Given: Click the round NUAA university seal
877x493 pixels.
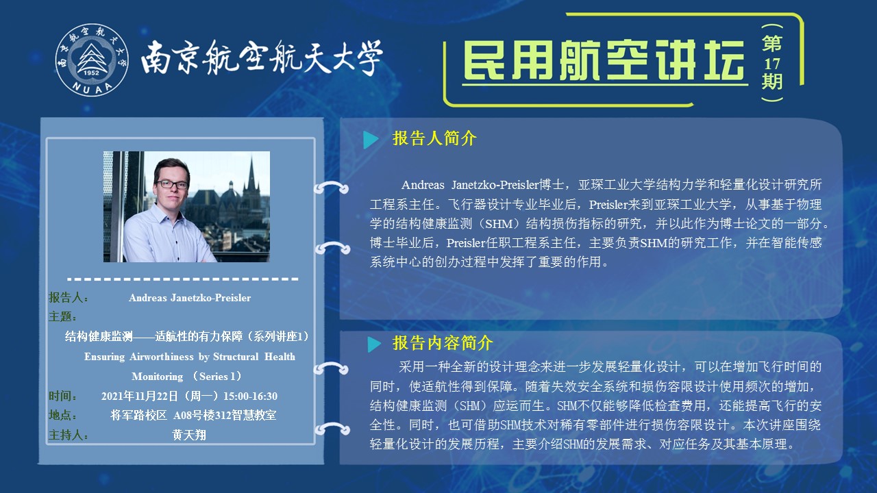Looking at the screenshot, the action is [92, 60].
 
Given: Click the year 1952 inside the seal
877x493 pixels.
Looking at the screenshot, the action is [91, 73].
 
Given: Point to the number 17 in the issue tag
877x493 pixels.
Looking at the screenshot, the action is [771, 64].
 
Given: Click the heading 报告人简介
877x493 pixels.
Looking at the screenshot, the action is [434, 138].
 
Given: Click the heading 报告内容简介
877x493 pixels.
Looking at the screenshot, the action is [443, 343].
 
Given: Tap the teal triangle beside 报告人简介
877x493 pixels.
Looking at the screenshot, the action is [371, 140].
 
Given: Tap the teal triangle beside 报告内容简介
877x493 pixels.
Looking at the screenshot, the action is [374, 344].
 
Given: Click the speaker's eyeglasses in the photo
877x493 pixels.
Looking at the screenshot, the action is [172, 184].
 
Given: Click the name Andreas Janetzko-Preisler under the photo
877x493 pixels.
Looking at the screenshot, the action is [190, 298].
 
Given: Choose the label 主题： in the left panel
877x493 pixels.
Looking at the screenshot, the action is [62, 316].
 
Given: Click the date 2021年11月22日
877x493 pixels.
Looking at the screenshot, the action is [140, 396].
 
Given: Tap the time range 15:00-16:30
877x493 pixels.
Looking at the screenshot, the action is [250, 396].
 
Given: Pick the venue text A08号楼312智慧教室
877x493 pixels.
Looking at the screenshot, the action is [225, 415].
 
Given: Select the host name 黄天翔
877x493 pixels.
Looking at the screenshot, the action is [189, 435].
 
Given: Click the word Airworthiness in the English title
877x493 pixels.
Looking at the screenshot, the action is [162, 357].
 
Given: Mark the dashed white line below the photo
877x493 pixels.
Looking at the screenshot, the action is [183, 279].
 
